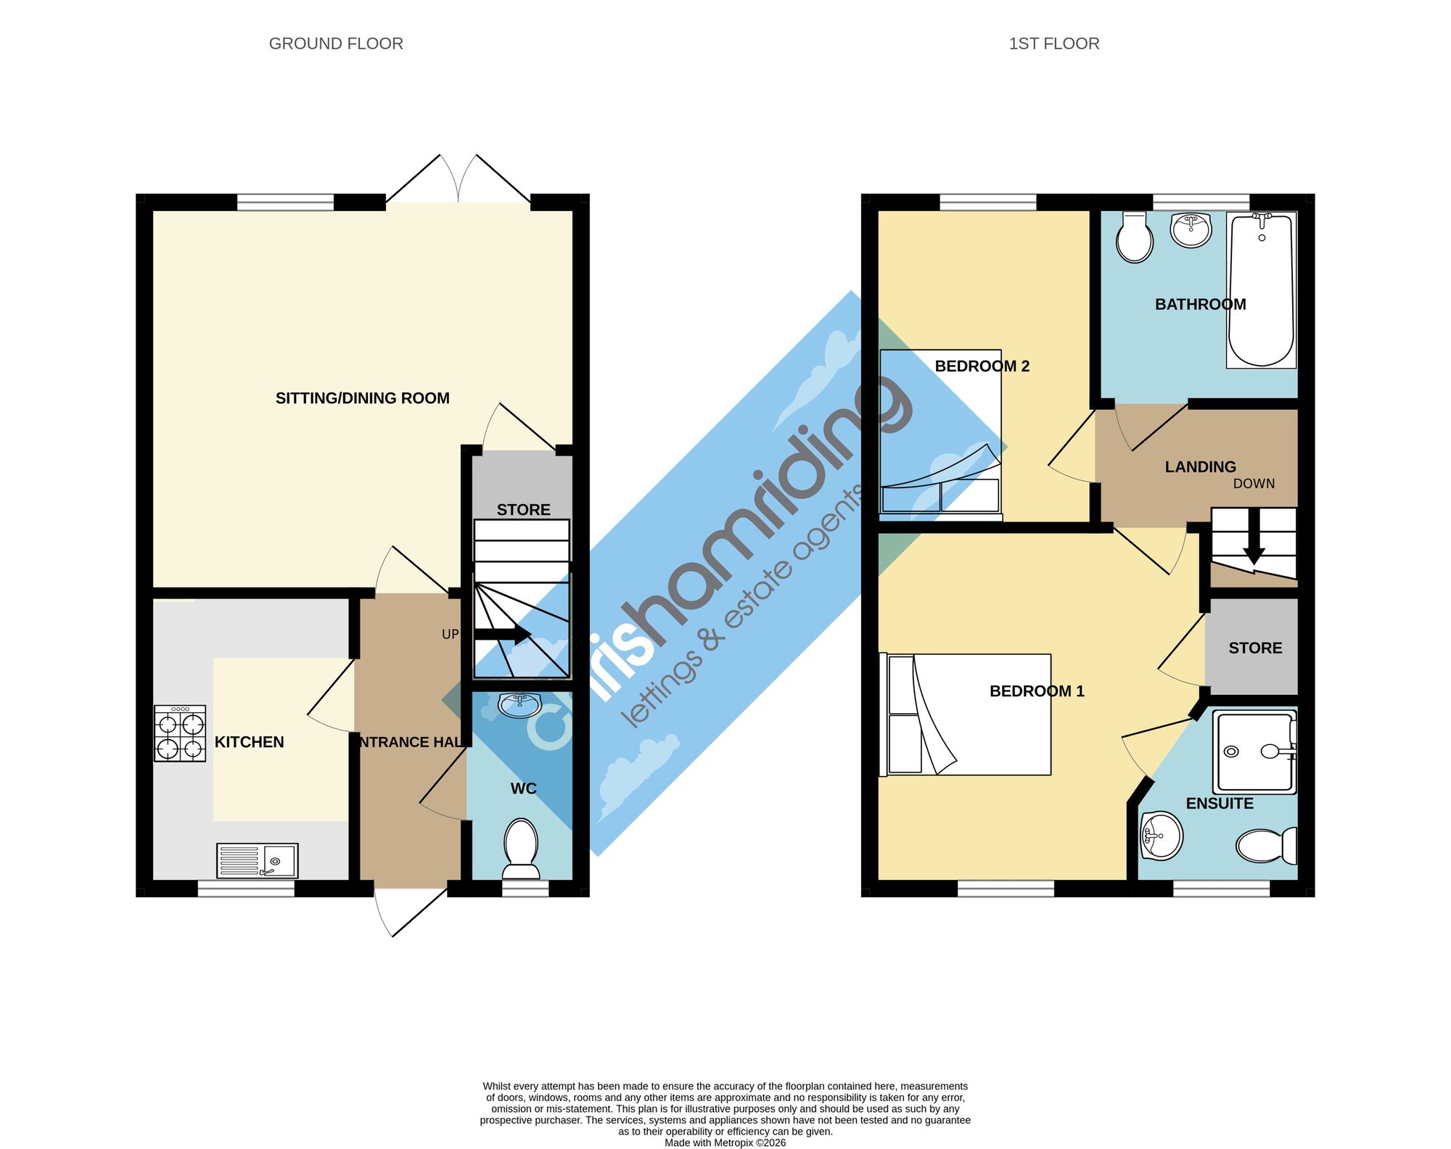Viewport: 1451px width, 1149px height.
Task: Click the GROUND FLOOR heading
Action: tap(336, 44)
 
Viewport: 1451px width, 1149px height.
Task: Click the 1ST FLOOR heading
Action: tap(1054, 44)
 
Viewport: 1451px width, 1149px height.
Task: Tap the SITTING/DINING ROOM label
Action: tap(363, 398)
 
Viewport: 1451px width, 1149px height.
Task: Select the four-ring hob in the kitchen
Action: tap(180, 733)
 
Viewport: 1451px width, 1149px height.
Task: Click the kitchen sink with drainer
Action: tap(258, 860)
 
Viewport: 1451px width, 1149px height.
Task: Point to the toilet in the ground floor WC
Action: tap(521, 849)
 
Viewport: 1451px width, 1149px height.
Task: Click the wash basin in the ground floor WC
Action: tap(519, 704)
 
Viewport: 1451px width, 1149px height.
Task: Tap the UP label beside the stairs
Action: tap(451, 634)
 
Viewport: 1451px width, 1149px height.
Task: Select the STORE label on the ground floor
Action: tap(524, 510)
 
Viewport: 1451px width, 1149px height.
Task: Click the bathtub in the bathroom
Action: tap(1262, 290)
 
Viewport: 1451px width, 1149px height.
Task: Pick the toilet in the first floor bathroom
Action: tap(1135, 237)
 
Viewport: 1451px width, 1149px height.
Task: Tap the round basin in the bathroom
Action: tap(1191, 230)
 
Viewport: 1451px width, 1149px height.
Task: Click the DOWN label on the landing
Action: tap(1254, 484)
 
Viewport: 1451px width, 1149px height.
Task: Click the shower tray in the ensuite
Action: tap(1255, 751)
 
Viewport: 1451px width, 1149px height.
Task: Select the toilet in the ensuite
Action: tap(1267, 845)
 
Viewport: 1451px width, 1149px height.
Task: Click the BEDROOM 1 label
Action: tap(1037, 691)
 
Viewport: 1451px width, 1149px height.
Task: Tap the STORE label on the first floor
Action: tap(1255, 648)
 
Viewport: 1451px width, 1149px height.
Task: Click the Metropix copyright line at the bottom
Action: tap(725, 1142)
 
